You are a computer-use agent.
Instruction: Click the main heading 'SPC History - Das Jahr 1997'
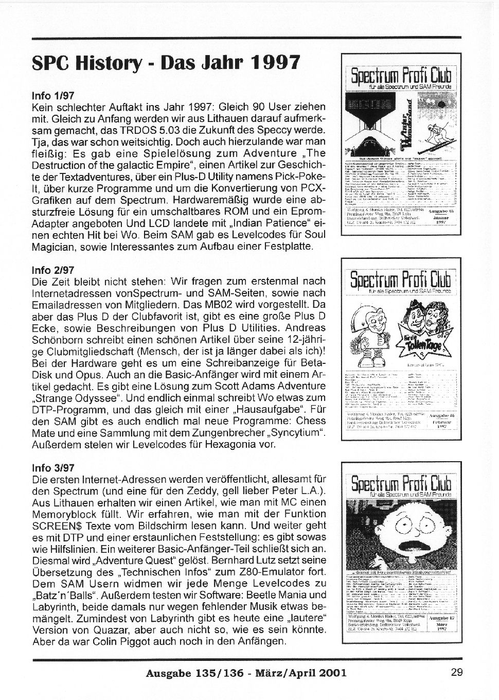pyautogui.click(x=166, y=64)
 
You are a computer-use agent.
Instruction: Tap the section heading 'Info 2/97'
pyautogui.click(x=54, y=270)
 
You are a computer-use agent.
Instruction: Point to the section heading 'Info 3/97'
pyautogui.click(x=54, y=468)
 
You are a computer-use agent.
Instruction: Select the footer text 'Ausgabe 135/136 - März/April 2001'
pyautogui.click(x=246, y=673)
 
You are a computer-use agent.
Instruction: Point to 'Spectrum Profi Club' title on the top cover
pyautogui.click(x=401, y=78)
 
